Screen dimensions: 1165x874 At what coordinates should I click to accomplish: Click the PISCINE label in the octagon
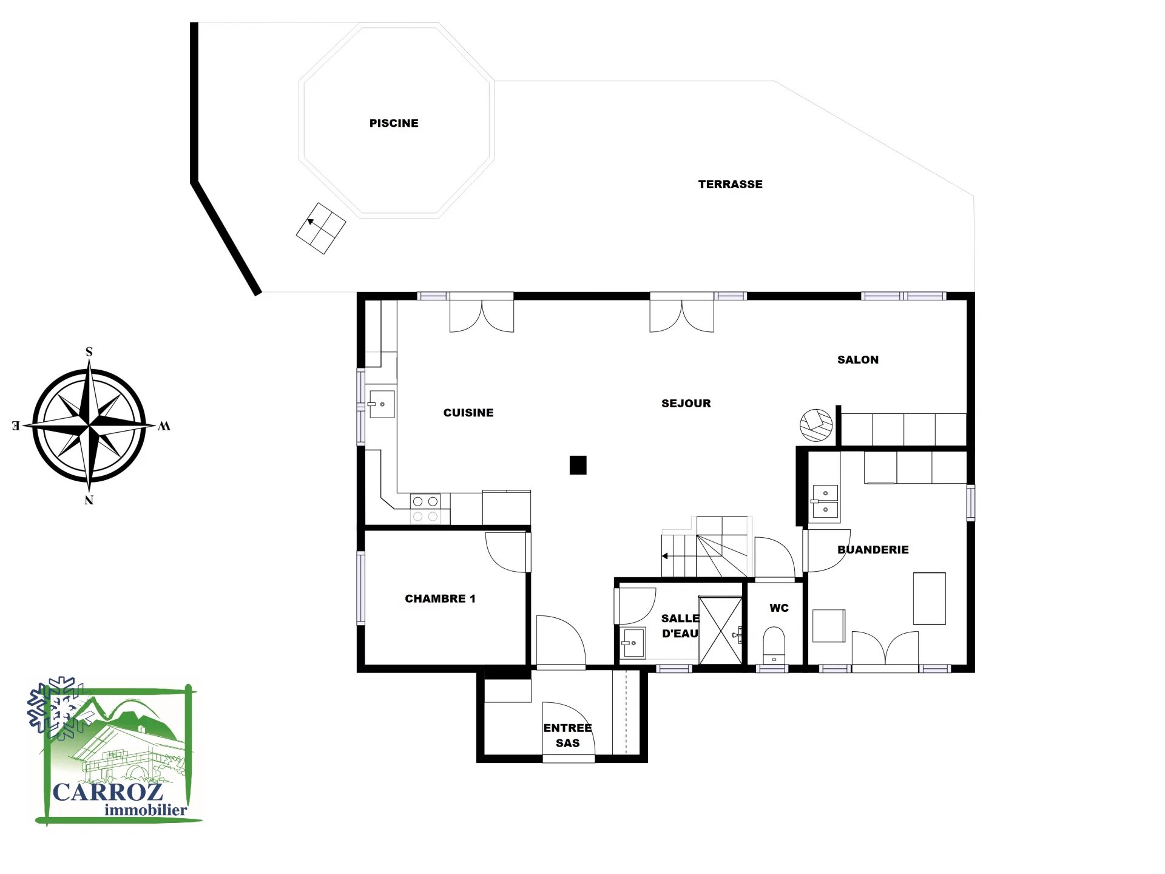[394, 123]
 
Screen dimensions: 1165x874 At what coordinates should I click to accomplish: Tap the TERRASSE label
[730, 185]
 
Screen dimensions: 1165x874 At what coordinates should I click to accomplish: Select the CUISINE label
[468, 413]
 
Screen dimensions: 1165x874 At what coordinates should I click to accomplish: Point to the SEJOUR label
[686, 404]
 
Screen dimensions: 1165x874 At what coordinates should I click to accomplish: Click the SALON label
[858, 360]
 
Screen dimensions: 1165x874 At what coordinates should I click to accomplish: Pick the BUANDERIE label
[873, 550]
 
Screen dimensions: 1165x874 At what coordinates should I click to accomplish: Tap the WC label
[779, 608]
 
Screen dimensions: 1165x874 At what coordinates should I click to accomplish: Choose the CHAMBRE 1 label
[440, 599]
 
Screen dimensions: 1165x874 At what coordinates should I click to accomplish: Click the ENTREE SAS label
[567, 736]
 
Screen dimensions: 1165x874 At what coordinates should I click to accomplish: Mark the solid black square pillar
[578, 465]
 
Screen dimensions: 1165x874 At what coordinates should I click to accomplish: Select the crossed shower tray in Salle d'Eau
[720, 631]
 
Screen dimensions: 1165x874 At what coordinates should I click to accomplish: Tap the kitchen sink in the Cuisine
[381, 404]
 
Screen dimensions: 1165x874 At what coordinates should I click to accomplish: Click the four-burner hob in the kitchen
[425, 509]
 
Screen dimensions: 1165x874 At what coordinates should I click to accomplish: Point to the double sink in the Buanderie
[825, 502]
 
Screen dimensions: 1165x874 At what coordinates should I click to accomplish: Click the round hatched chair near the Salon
[816, 425]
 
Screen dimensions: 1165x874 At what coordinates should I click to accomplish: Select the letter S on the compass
[89, 352]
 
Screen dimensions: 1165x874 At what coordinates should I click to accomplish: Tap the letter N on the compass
[89, 500]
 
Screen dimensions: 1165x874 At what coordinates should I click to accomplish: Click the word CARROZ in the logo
[108, 792]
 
